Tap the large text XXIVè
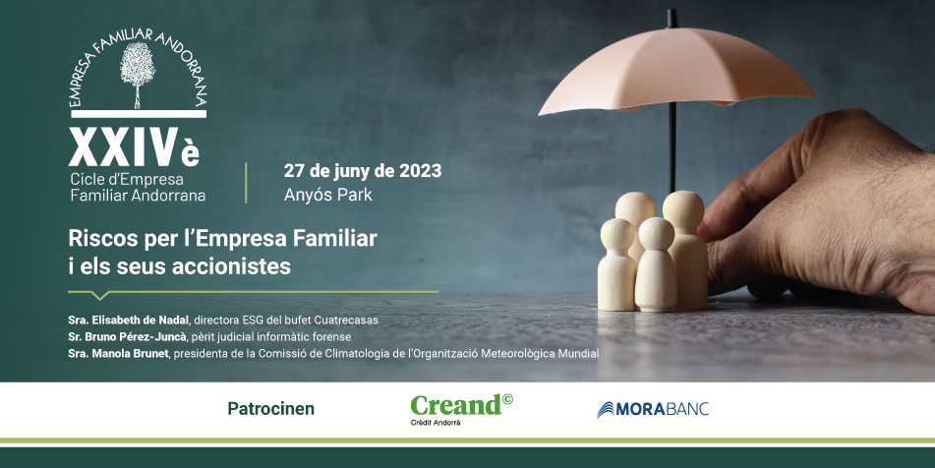click(x=134, y=147)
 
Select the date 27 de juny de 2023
click(x=362, y=170)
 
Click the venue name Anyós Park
click(x=327, y=195)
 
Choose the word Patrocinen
click(x=270, y=408)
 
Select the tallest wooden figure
click(x=683, y=246)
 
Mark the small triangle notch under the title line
click(x=99, y=295)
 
